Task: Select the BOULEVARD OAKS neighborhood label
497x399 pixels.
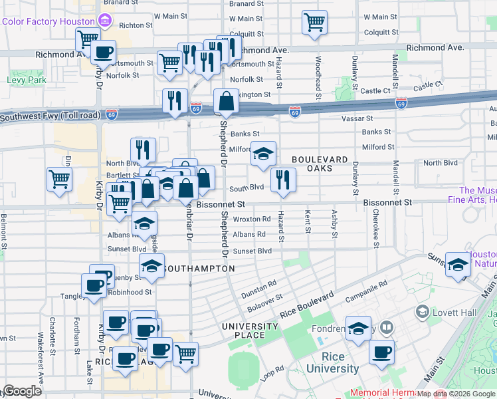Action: click(320, 164)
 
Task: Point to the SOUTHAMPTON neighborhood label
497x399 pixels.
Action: click(198, 268)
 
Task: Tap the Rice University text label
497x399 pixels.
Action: click(332, 368)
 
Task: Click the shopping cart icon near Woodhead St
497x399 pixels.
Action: click(315, 22)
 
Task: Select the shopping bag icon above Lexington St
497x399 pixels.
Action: click(227, 102)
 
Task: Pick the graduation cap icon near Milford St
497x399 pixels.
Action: click(263, 154)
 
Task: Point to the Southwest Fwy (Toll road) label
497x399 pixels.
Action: click(50, 116)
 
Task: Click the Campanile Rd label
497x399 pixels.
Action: click(366, 287)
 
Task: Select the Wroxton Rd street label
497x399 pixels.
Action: click(252, 219)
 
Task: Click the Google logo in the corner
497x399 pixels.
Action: click(22, 391)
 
